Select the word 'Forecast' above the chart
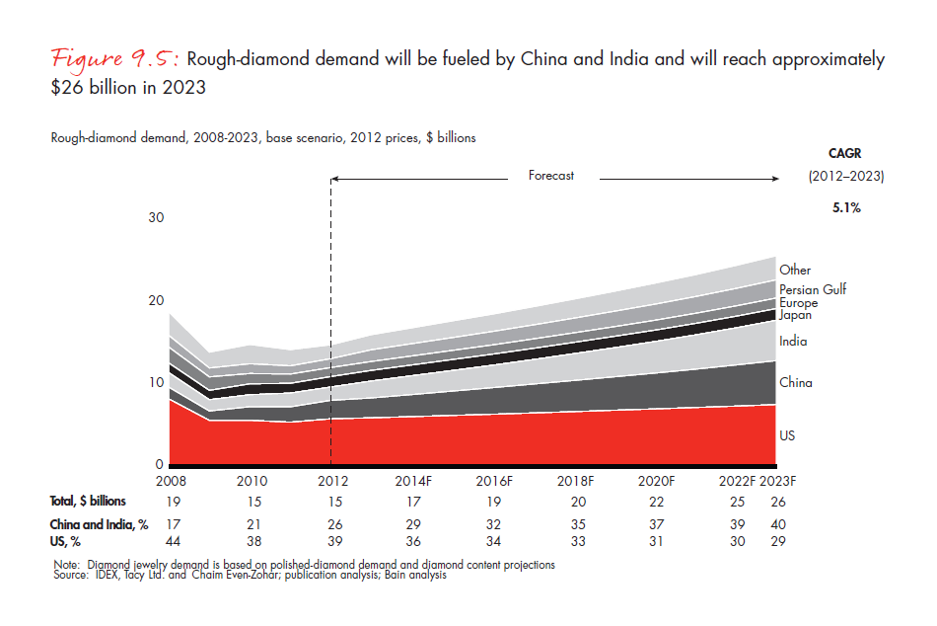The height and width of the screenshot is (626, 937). coord(550,176)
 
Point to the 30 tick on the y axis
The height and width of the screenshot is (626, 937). coord(156,218)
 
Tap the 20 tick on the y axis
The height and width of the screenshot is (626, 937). coord(156,300)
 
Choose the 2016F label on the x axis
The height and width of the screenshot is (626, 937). coord(494,481)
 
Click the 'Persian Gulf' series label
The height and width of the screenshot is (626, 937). coord(813,289)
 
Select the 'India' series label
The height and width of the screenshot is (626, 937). coord(793,342)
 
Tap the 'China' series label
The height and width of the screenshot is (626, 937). coord(795,382)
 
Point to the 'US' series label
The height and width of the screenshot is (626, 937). coord(787,435)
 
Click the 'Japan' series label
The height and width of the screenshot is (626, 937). coord(795,315)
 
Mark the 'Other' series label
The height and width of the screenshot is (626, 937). coord(795,270)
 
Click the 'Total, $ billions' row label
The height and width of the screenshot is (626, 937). coord(88,502)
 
